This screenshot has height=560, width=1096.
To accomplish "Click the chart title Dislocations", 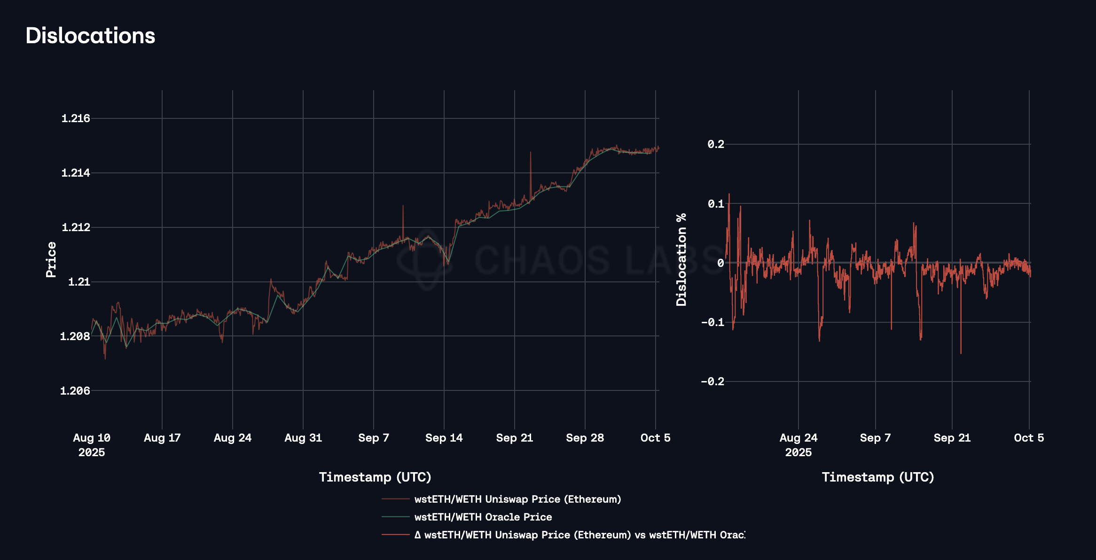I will (x=90, y=36).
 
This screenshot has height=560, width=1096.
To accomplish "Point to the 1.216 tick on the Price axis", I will (x=76, y=118).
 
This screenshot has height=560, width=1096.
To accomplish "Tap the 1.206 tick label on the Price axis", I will (x=75, y=391).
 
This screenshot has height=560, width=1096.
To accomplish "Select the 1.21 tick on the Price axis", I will (x=79, y=282).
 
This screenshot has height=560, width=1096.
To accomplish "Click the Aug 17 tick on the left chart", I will (x=162, y=438).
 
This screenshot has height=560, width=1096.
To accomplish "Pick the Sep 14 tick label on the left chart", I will (x=444, y=438).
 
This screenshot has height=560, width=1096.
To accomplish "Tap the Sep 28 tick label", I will (x=585, y=438).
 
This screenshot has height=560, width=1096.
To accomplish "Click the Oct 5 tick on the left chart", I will (x=655, y=438).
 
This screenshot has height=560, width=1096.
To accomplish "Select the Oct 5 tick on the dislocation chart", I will (x=1029, y=438).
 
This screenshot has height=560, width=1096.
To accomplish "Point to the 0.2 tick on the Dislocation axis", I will (x=716, y=144).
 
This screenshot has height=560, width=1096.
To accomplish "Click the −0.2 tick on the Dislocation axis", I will (x=712, y=381).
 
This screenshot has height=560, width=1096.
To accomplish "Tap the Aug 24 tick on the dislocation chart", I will (x=799, y=438).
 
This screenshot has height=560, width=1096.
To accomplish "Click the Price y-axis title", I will (x=51, y=259).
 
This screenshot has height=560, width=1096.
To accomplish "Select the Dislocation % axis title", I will (x=681, y=259).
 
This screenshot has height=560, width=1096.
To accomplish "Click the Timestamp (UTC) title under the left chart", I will (x=375, y=477).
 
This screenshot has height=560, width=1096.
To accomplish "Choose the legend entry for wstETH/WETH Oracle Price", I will (x=483, y=517).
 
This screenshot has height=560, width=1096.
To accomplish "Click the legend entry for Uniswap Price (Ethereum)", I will (x=517, y=499).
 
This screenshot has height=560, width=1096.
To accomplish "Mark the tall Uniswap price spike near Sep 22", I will (x=531, y=153).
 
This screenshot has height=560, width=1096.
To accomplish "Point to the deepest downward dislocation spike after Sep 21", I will (x=961, y=352).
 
